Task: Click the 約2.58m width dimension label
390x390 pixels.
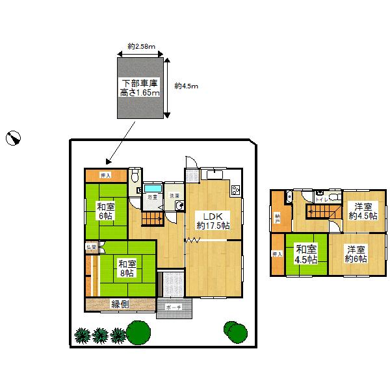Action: point(140,46)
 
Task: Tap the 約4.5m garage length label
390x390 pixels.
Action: point(187,86)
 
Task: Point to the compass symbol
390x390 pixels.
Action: point(14,137)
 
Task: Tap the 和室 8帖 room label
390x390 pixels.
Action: point(127,268)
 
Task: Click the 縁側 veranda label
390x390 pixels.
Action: point(120,304)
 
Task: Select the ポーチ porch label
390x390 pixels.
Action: point(173,306)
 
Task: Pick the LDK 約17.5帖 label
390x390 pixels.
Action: point(213,221)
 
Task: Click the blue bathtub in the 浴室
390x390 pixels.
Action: point(152,187)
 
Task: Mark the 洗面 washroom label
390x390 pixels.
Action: point(174,196)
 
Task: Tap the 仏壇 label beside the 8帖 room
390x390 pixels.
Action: point(92,247)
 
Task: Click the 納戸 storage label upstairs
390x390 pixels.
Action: point(278,219)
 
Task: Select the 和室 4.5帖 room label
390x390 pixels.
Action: point(305,253)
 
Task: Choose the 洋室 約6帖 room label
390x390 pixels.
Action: point(356,253)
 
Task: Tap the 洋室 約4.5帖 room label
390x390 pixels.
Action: point(362,211)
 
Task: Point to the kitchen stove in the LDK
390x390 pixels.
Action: point(235,189)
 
